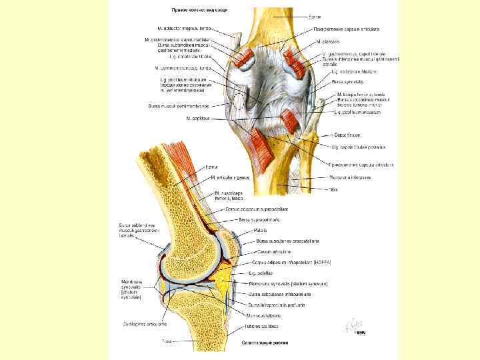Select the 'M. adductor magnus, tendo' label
185,29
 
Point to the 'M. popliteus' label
198,118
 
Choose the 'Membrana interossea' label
350,177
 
